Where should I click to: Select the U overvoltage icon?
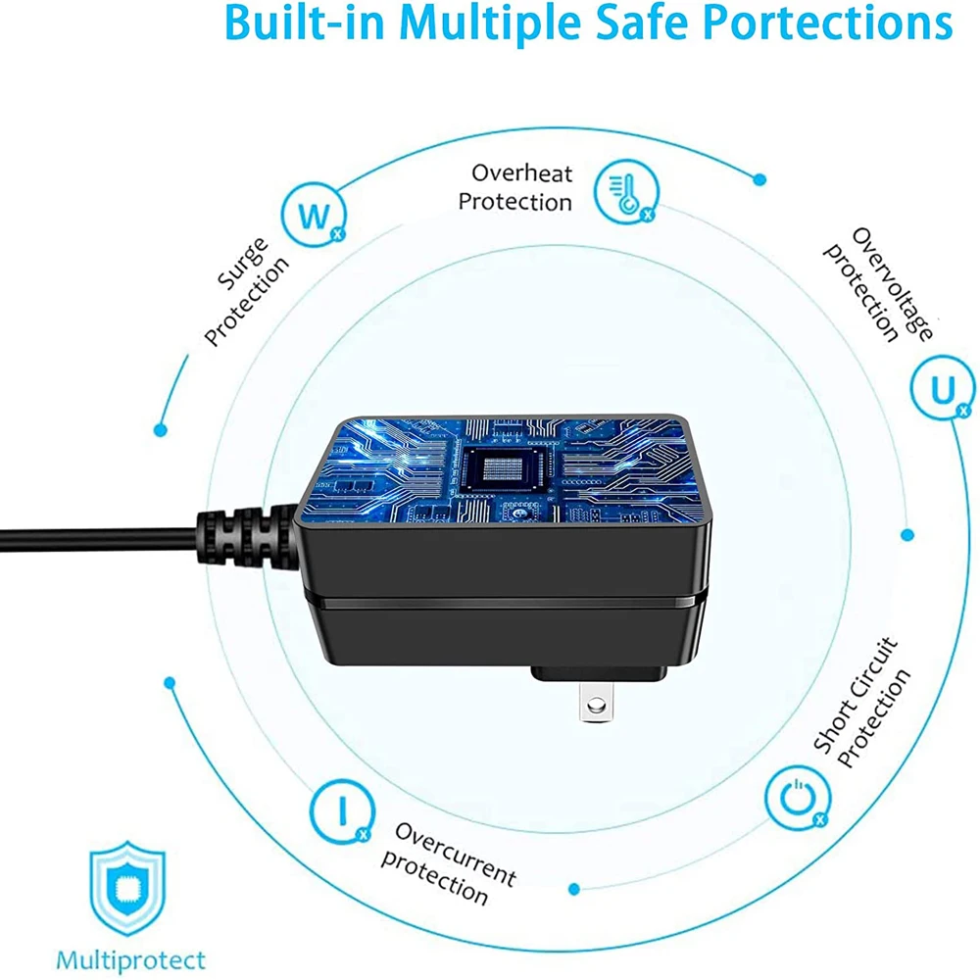pos(943,390)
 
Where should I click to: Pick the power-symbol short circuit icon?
pos(795,795)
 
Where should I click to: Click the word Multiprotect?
pos(130,959)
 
